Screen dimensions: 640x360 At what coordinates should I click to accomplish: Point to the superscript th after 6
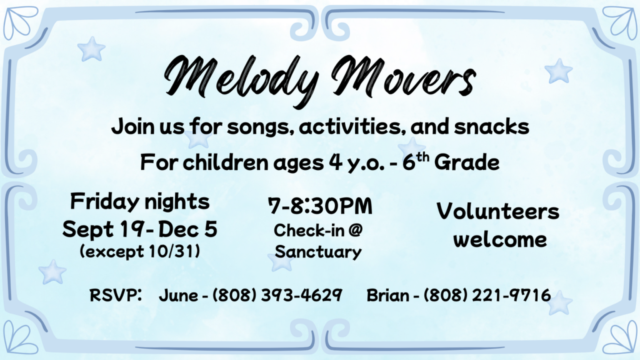423,157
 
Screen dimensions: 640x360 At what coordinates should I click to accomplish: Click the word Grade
466,162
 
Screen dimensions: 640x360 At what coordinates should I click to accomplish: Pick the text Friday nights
140,202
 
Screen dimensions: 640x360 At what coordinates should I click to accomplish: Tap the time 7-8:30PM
321,206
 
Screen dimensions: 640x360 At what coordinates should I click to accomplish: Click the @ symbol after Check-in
356,230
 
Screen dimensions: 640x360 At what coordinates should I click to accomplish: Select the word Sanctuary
318,252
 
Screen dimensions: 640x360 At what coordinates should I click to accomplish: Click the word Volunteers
498,211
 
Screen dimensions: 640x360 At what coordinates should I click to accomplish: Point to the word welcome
500,239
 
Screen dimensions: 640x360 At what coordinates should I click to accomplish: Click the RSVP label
116,295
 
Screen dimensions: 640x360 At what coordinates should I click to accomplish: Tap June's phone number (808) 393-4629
277,295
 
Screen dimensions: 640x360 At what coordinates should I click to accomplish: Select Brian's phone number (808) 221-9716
487,295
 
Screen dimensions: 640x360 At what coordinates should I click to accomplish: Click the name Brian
387,295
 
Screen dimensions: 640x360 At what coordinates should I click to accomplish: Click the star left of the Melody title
91,49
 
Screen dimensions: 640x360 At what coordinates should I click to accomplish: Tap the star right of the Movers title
558,71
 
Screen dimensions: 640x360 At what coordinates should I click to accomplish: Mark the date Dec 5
187,229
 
